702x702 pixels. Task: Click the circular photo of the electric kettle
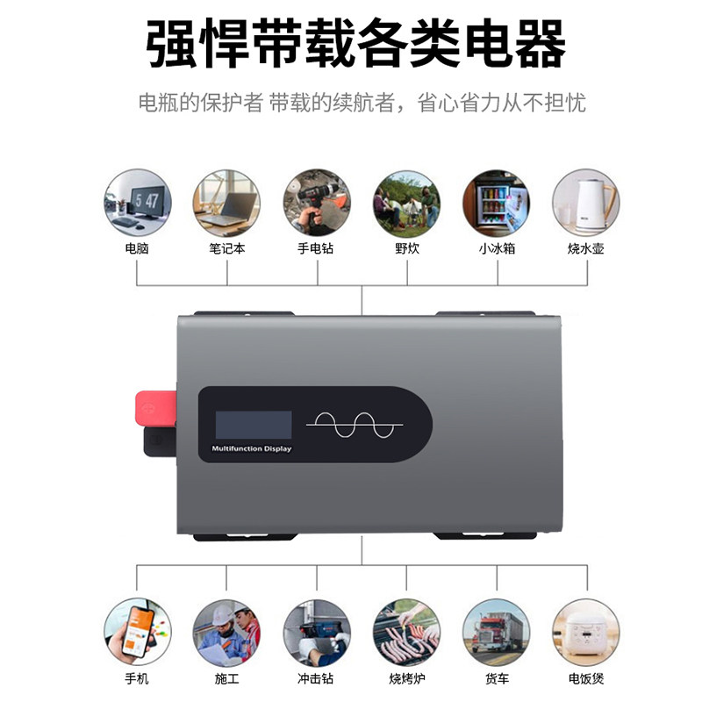coord(585,203)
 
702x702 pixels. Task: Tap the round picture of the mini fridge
coord(496,203)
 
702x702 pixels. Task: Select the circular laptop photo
coord(226,203)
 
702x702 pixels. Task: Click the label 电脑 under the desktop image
coord(137,248)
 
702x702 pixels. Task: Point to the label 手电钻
coord(316,248)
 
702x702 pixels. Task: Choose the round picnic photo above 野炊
coord(406,203)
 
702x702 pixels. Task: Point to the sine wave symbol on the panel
coord(355,425)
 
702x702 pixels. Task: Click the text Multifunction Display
coord(252,449)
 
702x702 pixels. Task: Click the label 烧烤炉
coord(406,678)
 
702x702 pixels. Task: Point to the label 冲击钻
coord(316,678)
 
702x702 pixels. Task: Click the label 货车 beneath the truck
coord(496,678)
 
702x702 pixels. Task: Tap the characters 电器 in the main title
coord(509,44)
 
